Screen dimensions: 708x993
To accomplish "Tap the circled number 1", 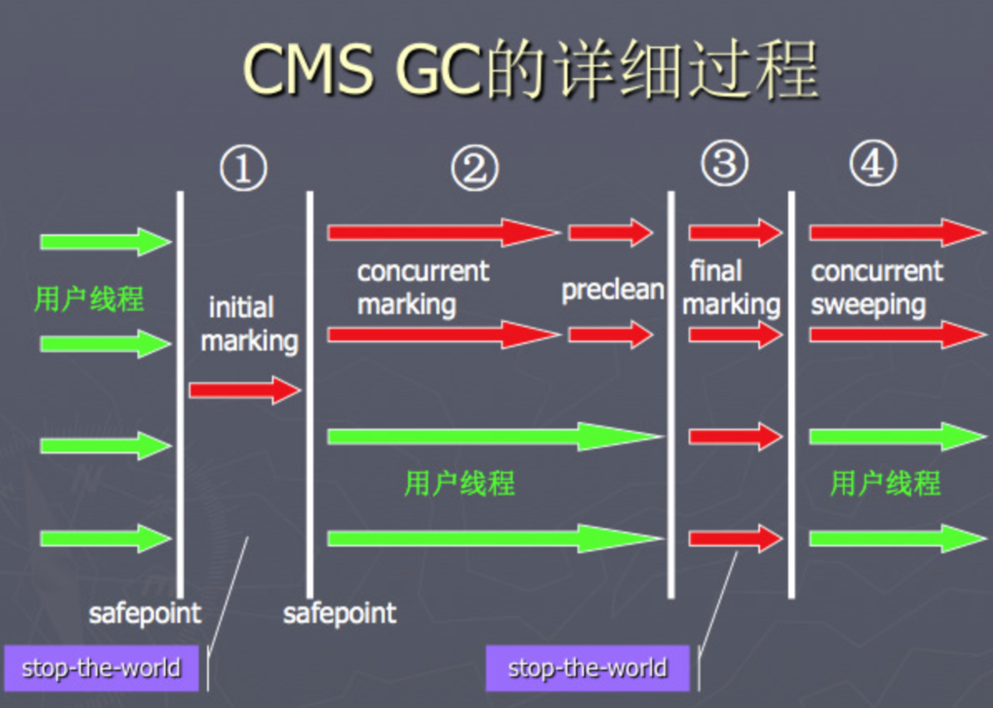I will pyautogui.click(x=243, y=168).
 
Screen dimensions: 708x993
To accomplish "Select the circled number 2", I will pyautogui.click(x=474, y=168).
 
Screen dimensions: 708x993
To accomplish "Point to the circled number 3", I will pyautogui.click(x=724, y=164).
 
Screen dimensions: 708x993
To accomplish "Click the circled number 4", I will pyautogui.click(x=873, y=164).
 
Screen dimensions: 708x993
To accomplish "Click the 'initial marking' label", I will pyautogui.click(x=248, y=324).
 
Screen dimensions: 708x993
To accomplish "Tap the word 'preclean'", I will pyautogui.click(x=612, y=289).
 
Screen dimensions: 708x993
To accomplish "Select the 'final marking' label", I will pyautogui.click(x=731, y=288).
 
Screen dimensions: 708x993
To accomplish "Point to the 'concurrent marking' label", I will pyautogui.click(x=422, y=288).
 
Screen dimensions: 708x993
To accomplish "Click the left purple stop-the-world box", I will pyautogui.click(x=101, y=668).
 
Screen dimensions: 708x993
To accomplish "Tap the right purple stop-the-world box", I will pyautogui.click(x=587, y=668).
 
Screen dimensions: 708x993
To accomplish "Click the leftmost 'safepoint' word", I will pyautogui.click(x=144, y=613).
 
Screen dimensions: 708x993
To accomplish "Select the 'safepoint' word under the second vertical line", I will pyautogui.click(x=339, y=613).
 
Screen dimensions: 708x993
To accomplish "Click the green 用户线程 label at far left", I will pyautogui.click(x=89, y=299).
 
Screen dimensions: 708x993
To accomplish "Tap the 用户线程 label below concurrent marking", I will pyautogui.click(x=459, y=483).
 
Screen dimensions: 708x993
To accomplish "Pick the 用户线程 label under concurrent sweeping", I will pyautogui.click(x=885, y=483).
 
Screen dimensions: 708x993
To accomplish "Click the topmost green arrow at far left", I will pyautogui.click(x=104, y=242).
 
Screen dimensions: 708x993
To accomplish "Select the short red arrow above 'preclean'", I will pyautogui.click(x=610, y=233).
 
